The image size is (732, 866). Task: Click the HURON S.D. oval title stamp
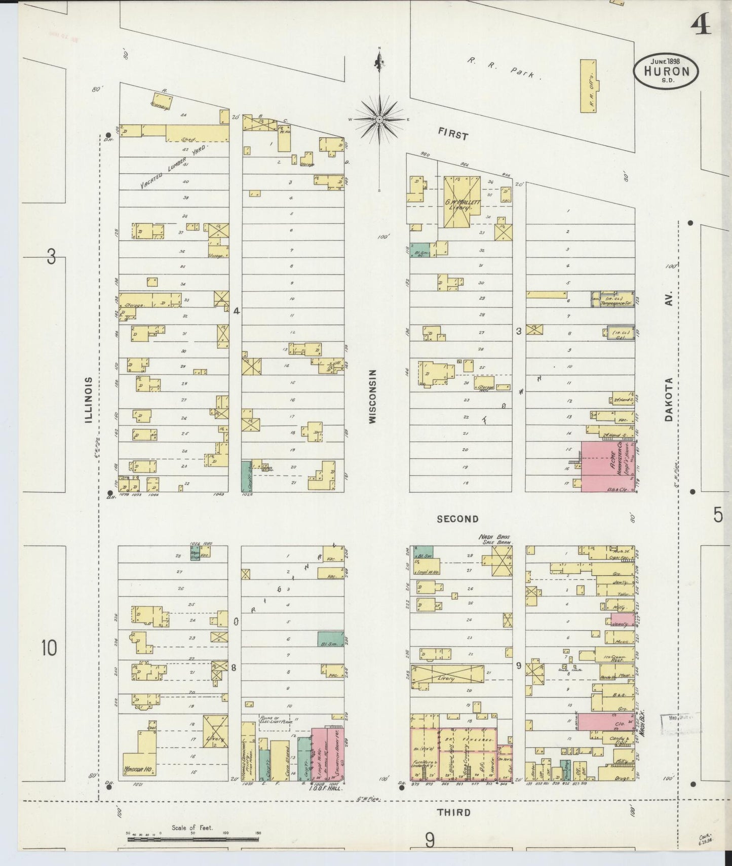pyautogui.click(x=666, y=71)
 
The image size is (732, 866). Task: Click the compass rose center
pyautogui.click(x=379, y=120)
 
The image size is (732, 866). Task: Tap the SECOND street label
pyautogui.click(x=457, y=519)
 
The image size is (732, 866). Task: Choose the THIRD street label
pyautogui.click(x=453, y=812)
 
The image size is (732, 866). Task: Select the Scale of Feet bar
pyautogui.click(x=192, y=839)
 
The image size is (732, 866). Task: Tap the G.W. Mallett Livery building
pyautogui.click(x=461, y=202)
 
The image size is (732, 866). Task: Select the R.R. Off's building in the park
pyautogui.click(x=589, y=86)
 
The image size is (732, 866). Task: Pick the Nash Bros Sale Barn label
pyautogui.click(x=495, y=539)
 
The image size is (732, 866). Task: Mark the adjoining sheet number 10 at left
pyautogui.click(x=49, y=648)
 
